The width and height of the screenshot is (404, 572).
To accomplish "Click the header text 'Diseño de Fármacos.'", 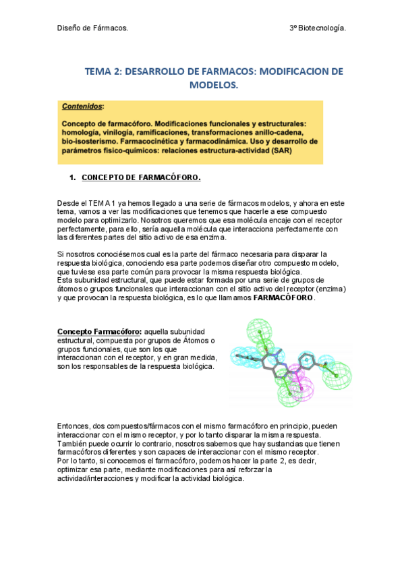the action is [92, 28].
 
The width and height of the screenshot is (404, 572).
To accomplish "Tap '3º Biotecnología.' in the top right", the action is [317, 28].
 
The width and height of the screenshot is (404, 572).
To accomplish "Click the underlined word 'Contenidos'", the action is [82, 107].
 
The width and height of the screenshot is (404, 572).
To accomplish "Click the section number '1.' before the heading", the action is [72, 178].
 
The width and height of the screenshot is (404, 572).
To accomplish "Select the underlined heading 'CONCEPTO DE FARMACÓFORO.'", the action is [141, 178].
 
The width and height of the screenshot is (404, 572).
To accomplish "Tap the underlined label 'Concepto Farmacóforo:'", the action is [100, 332].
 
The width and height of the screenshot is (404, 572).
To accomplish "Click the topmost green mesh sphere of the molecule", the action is [258, 331].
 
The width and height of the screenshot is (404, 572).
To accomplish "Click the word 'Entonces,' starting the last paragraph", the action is [74, 426].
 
